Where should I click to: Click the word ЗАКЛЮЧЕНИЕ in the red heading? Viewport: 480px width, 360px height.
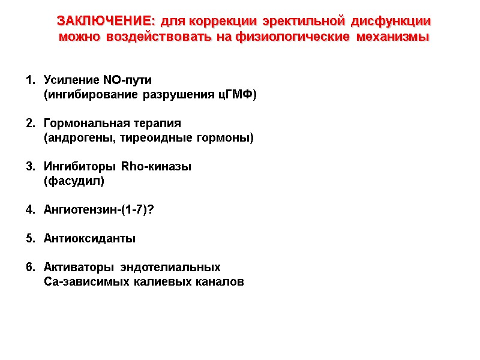tap(106, 21)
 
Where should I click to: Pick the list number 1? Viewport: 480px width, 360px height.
tap(29, 80)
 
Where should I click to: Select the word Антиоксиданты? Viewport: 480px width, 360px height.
tap(90, 239)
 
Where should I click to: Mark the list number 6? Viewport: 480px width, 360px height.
tap(29, 268)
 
